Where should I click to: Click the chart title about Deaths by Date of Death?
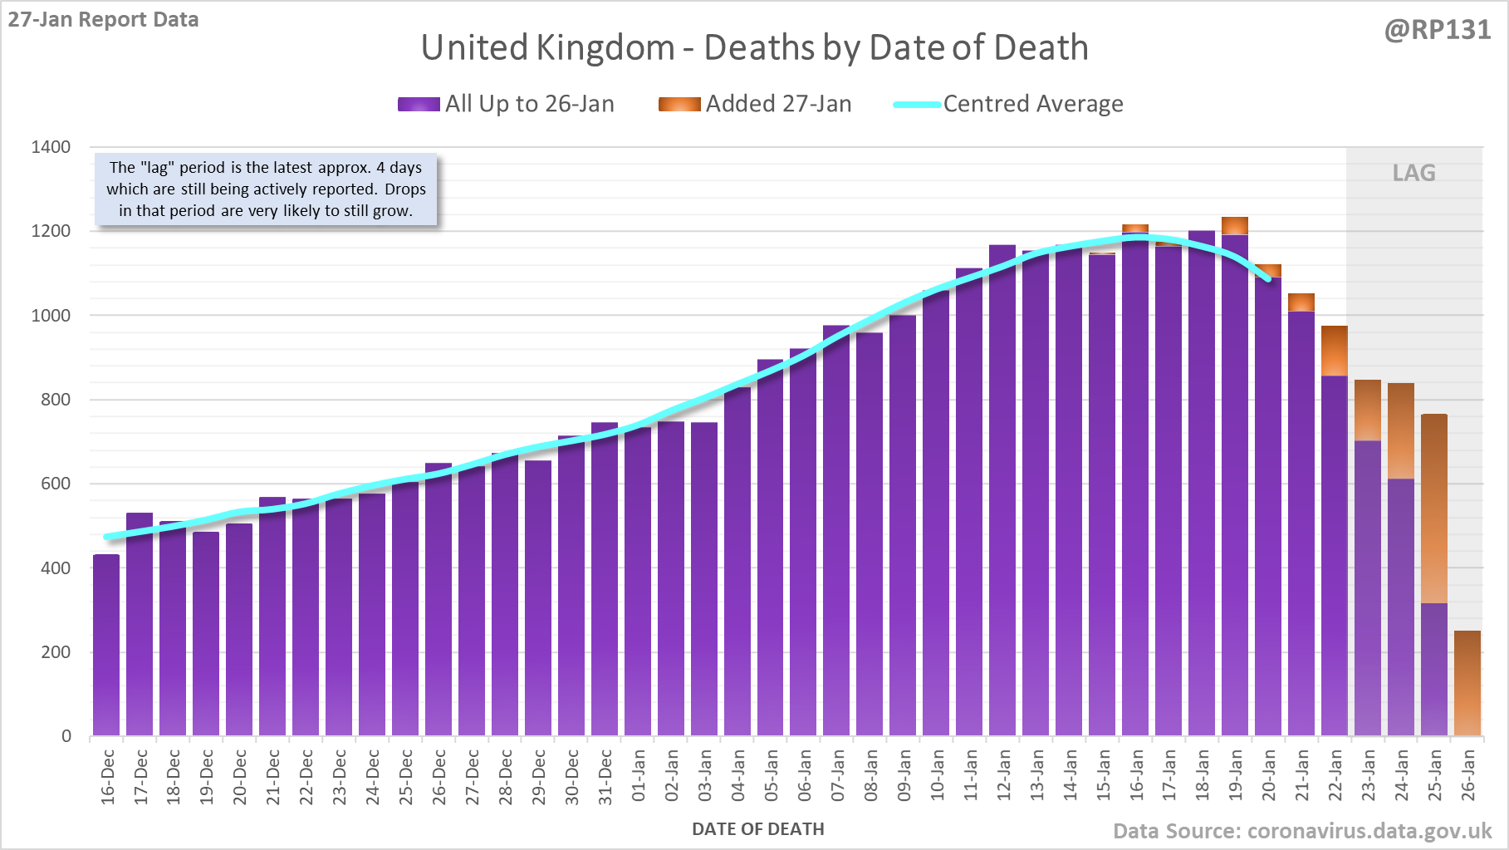click(754, 47)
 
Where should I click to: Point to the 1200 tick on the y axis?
click(51, 231)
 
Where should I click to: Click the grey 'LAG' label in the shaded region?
click(1413, 173)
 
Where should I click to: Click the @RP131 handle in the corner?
click(1437, 30)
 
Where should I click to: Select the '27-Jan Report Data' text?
click(103, 19)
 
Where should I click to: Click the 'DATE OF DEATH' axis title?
click(757, 829)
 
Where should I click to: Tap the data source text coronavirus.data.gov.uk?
click(1301, 831)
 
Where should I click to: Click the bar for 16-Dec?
click(106, 645)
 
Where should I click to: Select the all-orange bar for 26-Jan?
click(1467, 683)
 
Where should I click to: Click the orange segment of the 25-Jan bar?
click(1434, 509)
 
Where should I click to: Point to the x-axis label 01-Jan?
click(638, 775)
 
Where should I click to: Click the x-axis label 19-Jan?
click(1235, 775)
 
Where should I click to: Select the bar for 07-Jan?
click(836, 532)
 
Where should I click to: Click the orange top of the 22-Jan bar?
click(1335, 351)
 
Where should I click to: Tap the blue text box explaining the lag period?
click(266, 189)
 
